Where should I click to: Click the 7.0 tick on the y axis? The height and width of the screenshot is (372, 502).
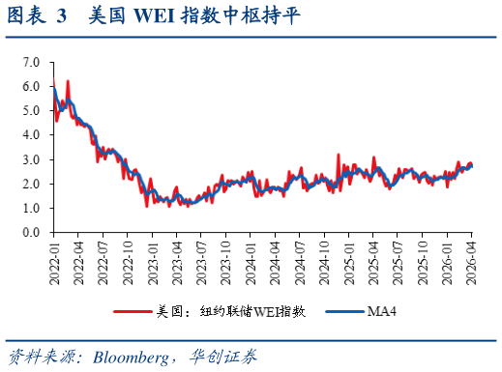click(x=32, y=62)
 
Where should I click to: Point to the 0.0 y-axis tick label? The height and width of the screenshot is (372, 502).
click(x=32, y=233)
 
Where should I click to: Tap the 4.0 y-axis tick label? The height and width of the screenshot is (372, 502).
click(x=32, y=135)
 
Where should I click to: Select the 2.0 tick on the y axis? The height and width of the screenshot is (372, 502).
click(x=32, y=184)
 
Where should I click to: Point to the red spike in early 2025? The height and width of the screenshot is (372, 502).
click(x=338, y=155)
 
